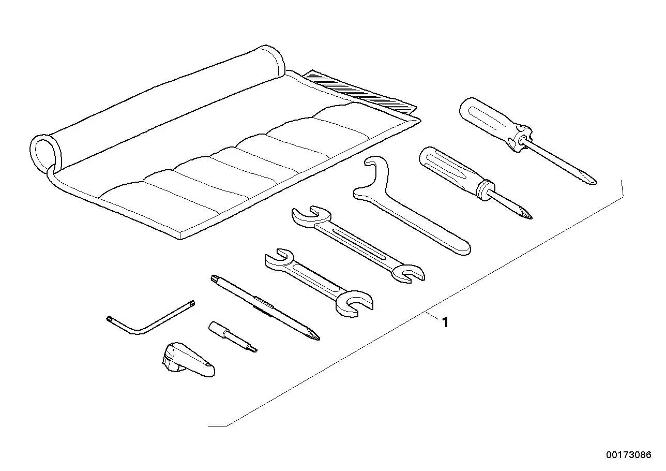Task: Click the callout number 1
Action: (x=445, y=322)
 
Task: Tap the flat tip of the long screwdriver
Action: (x=592, y=181)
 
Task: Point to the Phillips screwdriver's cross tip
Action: (x=528, y=215)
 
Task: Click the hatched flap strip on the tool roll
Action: (x=359, y=92)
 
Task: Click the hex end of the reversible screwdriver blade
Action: (x=215, y=279)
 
